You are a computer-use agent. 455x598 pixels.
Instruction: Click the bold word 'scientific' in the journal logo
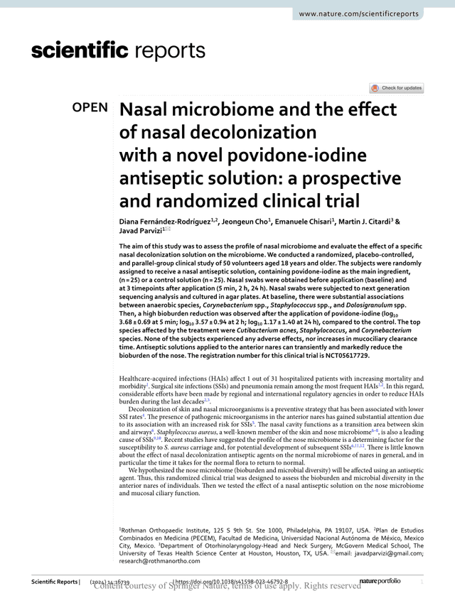[x=80, y=51]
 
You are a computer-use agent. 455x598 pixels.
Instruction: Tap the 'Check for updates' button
[x=396, y=88]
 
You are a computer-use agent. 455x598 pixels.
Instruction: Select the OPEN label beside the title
[x=90, y=109]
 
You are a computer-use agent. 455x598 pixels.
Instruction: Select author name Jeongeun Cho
[x=246, y=222]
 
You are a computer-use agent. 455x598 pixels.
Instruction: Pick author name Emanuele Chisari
[x=307, y=222]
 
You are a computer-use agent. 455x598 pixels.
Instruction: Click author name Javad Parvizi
[x=139, y=231]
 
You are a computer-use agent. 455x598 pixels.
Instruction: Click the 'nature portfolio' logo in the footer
[x=380, y=582]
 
